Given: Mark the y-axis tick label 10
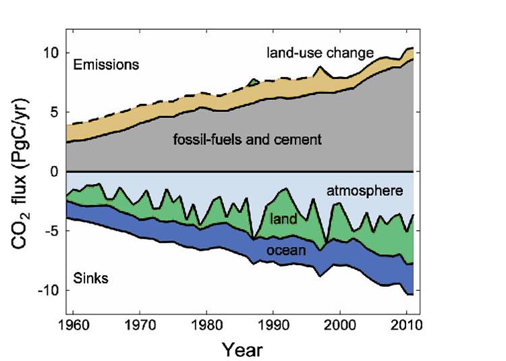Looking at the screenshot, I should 51,53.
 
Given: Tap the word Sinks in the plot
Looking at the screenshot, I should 91,277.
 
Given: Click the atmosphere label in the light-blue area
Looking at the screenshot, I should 364,191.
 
